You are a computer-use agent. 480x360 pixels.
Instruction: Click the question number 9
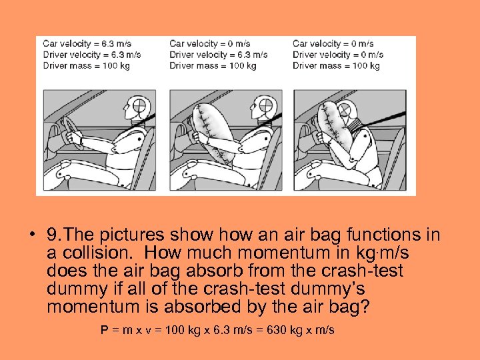53,235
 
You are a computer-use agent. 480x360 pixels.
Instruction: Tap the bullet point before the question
32,235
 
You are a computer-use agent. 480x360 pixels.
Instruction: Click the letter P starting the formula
105,330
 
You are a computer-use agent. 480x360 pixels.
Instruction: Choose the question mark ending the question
365,307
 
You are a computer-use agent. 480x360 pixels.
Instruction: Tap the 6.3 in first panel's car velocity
107,44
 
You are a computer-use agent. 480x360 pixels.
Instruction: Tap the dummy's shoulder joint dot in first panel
139,139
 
